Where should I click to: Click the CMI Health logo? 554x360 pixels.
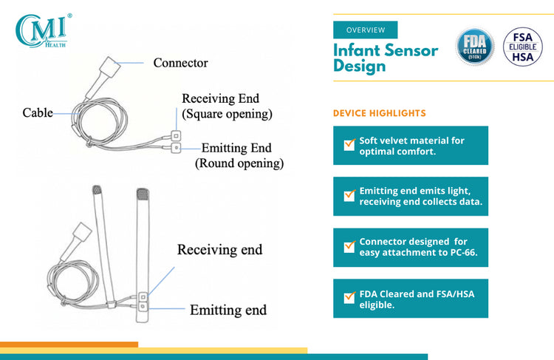click(43, 31)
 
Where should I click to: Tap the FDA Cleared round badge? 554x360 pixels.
click(474, 47)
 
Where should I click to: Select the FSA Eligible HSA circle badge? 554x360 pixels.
click(522, 47)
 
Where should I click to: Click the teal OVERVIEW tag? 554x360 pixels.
click(366, 30)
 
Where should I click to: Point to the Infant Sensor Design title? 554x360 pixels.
click(386, 58)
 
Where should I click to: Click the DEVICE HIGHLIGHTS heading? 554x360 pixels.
click(380, 113)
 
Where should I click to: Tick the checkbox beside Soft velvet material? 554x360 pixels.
click(349, 145)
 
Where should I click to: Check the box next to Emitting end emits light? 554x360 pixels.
click(349, 195)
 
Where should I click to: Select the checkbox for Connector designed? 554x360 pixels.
click(349, 246)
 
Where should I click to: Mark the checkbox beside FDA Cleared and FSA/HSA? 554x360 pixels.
click(349, 297)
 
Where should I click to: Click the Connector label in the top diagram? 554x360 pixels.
click(180, 63)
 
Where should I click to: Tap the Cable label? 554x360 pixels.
click(38, 113)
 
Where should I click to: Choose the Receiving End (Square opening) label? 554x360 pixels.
click(227, 106)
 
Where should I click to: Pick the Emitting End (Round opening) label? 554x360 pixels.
click(239, 155)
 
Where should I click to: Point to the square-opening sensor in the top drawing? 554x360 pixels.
click(176, 136)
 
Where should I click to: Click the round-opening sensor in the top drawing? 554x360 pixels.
click(176, 148)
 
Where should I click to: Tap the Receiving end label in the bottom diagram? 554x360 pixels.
click(220, 250)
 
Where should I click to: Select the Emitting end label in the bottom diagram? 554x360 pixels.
click(228, 310)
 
